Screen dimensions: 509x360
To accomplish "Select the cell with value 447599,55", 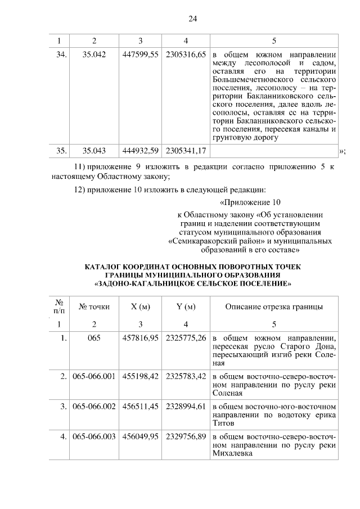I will pos(140,56).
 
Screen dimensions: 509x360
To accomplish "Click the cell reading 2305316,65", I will pos(186,56).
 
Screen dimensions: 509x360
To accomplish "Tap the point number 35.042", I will pos(94,56).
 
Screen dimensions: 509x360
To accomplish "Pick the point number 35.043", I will pos(94,151).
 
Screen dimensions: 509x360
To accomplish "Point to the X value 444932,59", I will pos(140,151).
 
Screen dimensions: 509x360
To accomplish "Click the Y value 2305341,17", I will pos(186,151).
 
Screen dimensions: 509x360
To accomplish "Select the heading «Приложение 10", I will pos(249,202).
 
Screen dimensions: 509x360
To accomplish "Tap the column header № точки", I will pos(94,307).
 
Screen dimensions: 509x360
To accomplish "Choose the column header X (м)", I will pos(140,307).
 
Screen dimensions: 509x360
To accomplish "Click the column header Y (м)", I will pos(186,307).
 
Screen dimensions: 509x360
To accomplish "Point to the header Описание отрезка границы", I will pos(274,307).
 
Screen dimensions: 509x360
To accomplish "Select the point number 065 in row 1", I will pos(94,338).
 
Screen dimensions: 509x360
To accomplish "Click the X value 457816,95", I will pos(140,338).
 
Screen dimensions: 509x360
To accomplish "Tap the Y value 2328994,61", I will pos(186,406).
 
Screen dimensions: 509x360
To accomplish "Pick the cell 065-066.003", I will pos(94,436).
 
